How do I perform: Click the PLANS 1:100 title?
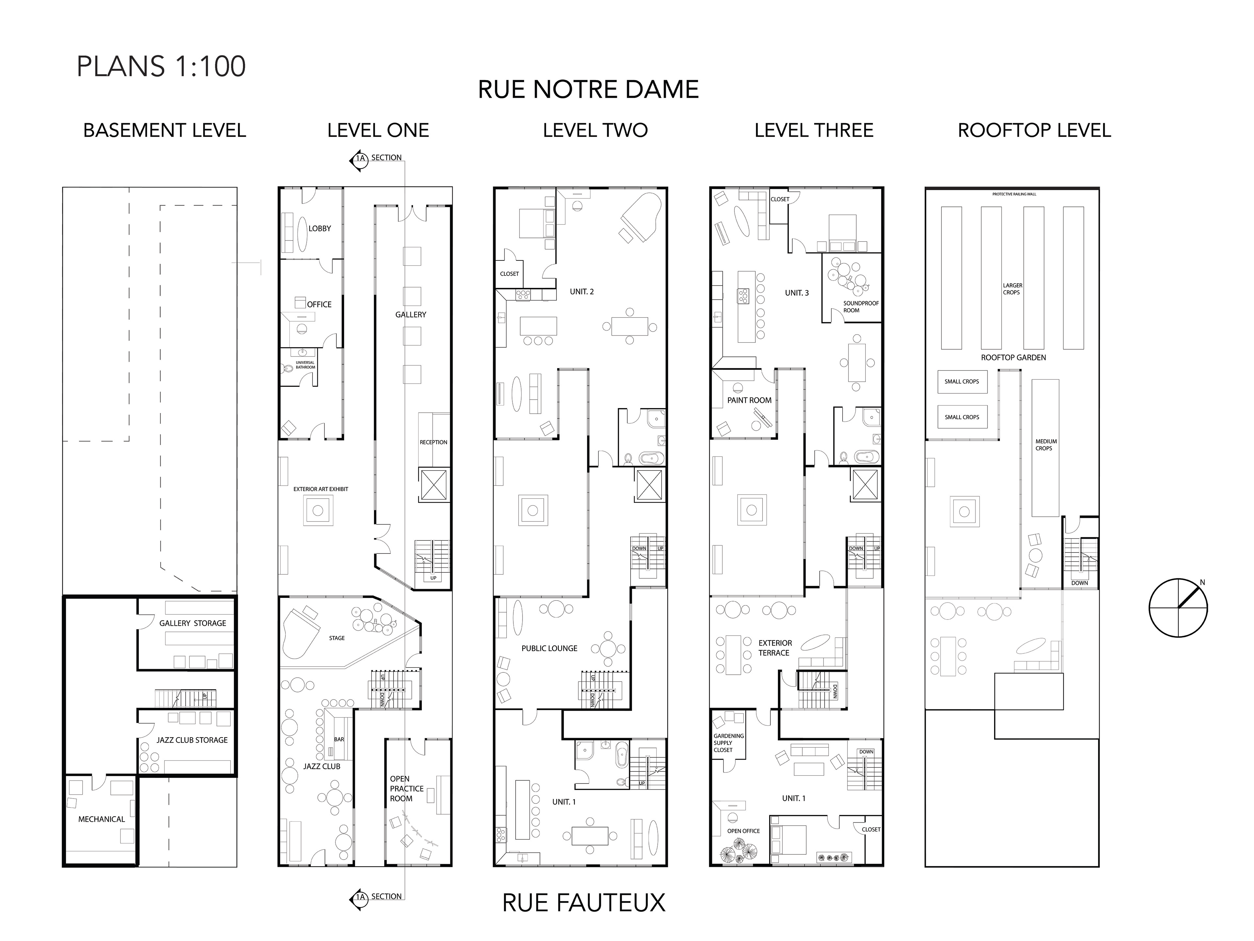(x=161, y=66)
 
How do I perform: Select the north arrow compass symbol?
(x=1178, y=608)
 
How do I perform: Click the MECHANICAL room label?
(x=102, y=819)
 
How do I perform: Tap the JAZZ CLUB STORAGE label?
(x=192, y=740)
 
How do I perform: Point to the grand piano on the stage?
(x=300, y=633)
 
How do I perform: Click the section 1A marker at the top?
(x=360, y=159)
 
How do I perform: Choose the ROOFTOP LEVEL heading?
(x=1034, y=130)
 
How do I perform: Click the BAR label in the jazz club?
(x=339, y=739)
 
